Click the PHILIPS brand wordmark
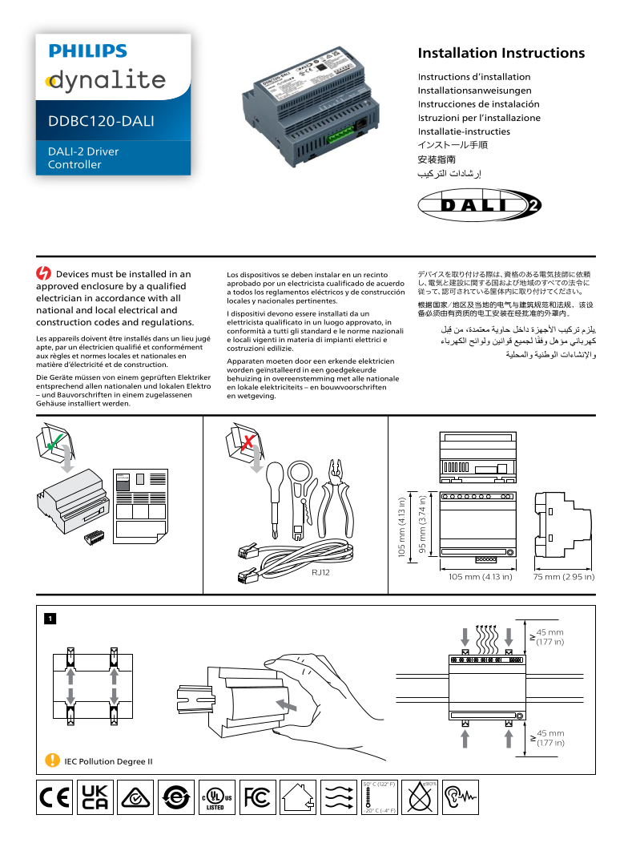point(87,51)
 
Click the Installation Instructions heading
point(501,54)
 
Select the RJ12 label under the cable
point(321,572)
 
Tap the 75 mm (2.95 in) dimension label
point(564,577)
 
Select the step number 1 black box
point(50,619)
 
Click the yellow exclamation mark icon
point(52,760)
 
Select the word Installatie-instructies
point(463,131)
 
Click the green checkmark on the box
point(53,441)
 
